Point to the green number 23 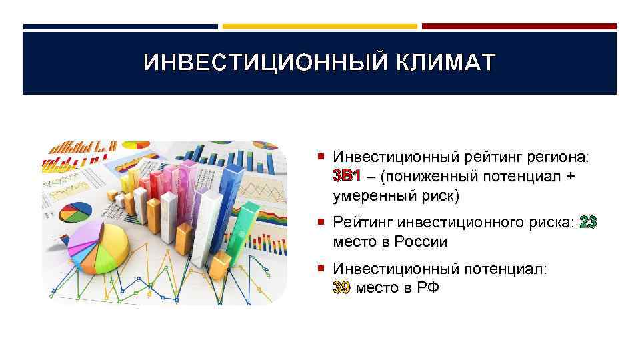[x=589, y=222]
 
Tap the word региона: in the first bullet [x=557, y=157]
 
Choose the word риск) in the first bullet [x=437, y=197]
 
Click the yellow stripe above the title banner [x=319, y=27]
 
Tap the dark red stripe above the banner [x=519, y=27]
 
